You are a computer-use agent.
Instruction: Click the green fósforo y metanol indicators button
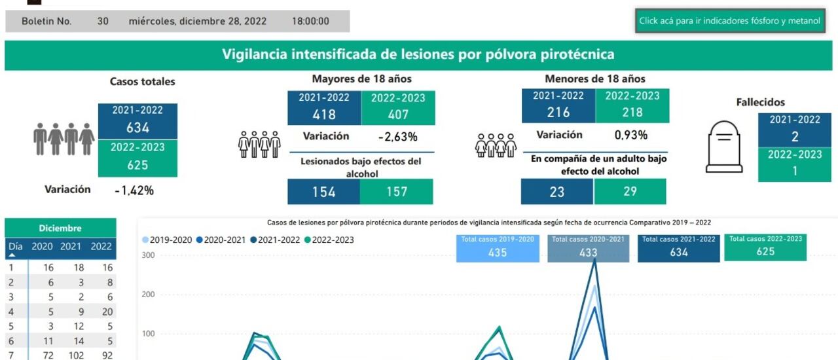point(729,21)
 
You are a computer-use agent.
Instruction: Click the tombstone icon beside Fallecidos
point(723,147)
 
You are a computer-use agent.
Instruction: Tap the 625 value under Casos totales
point(137,166)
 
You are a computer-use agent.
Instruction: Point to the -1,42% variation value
point(134,190)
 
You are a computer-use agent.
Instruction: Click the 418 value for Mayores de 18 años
point(323,115)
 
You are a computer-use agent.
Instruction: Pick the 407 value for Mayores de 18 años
point(397,115)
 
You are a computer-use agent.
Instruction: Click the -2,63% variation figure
point(397,137)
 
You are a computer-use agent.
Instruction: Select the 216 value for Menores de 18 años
point(558,113)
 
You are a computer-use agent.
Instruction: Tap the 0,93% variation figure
point(630,135)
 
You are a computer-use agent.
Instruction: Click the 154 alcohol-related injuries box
point(323,192)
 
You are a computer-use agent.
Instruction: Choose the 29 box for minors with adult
point(630,192)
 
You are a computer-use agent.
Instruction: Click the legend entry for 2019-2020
point(167,240)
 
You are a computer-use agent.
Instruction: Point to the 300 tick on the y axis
point(147,255)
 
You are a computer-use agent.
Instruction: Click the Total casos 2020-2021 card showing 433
point(588,248)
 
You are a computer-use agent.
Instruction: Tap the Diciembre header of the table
point(60,228)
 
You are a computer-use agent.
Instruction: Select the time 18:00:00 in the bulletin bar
point(310,21)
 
